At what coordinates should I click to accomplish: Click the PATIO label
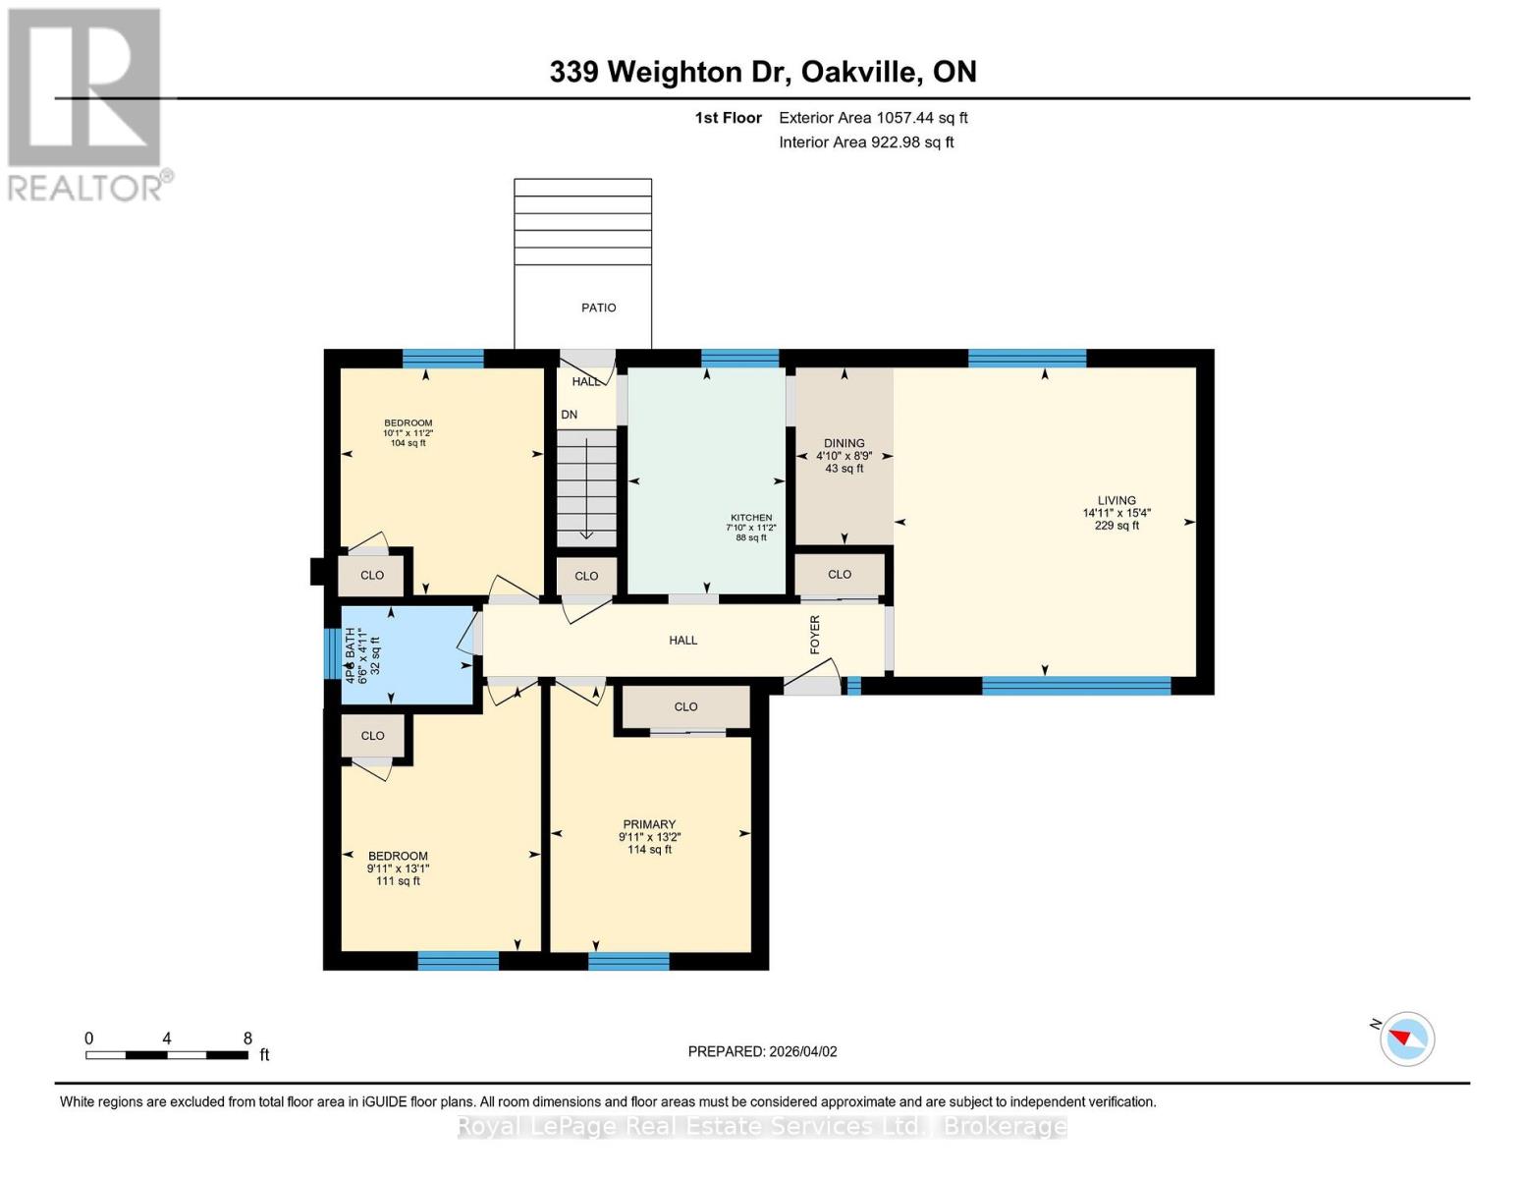(x=598, y=308)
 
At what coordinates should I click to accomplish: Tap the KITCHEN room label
(x=750, y=518)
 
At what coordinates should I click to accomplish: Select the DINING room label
(x=844, y=443)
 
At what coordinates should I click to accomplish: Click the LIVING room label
(x=1117, y=500)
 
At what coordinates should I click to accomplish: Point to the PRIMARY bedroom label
(x=649, y=824)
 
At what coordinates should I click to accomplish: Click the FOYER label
(x=815, y=635)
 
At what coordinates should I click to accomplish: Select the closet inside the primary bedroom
(x=685, y=706)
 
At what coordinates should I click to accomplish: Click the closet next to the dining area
(x=839, y=574)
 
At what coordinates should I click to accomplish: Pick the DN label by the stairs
(x=570, y=415)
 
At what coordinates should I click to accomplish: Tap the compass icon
(x=1406, y=1038)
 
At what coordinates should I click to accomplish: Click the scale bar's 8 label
(x=247, y=1038)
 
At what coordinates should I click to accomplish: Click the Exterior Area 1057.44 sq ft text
(x=873, y=118)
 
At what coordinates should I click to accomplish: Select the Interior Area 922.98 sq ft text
(x=866, y=142)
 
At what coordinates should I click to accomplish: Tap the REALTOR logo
(x=86, y=103)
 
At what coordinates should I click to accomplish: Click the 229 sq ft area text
(x=1117, y=526)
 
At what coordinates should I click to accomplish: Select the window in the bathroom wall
(x=331, y=653)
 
